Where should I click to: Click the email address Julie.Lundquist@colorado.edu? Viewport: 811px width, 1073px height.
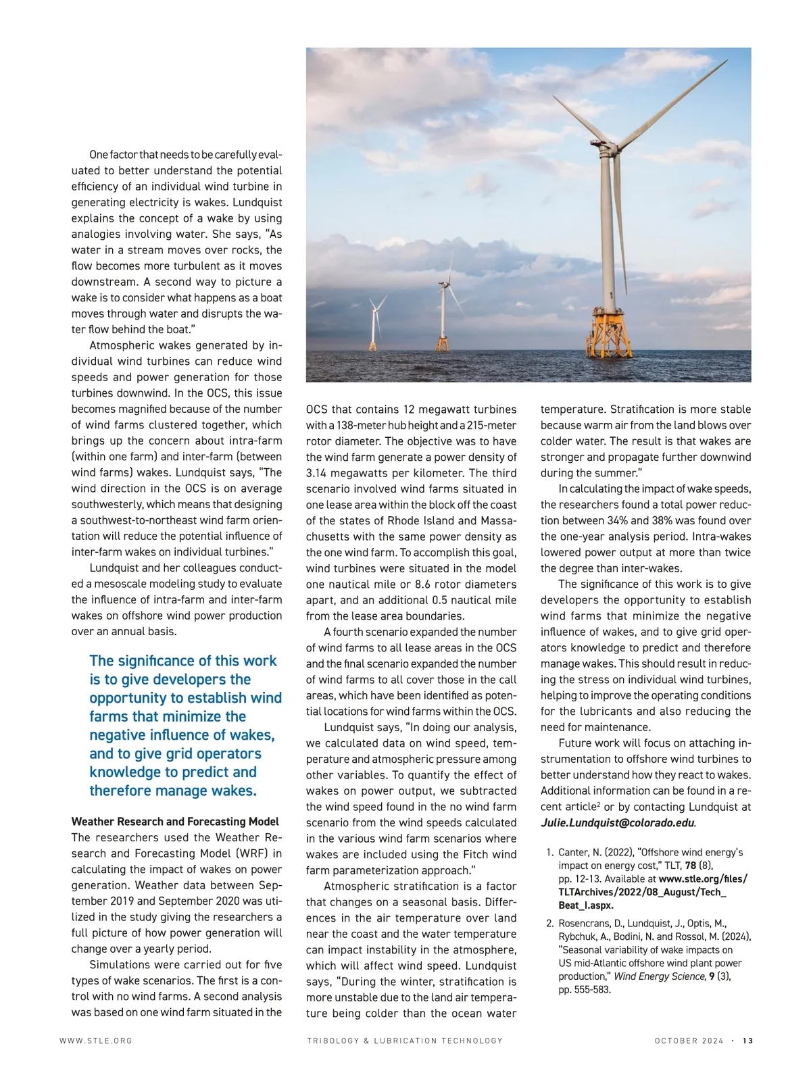pos(617,823)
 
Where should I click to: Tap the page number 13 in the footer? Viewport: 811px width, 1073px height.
pos(747,1041)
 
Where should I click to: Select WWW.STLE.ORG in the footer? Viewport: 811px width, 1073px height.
pos(96,1041)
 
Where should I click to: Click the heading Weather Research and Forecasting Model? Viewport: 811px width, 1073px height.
pos(175,822)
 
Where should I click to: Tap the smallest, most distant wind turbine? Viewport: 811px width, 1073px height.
pos(374,324)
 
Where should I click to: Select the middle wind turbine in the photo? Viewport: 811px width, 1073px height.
pos(443,311)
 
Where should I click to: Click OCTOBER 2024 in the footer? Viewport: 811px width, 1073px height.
pos(689,1041)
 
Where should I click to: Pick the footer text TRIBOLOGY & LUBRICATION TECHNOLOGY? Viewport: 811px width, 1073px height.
pos(405,1041)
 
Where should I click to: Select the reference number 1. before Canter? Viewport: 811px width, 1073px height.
pos(550,853)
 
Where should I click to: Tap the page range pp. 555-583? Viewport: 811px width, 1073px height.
pos(585,990)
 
